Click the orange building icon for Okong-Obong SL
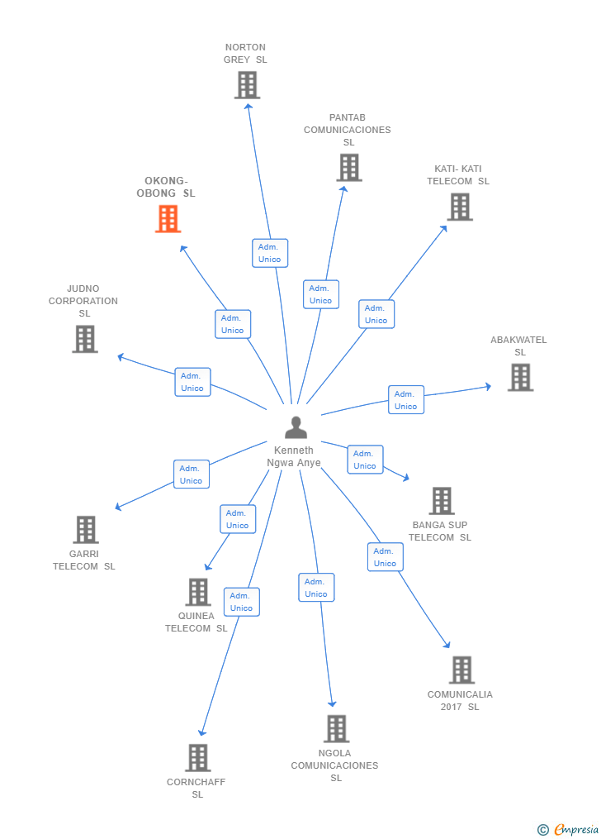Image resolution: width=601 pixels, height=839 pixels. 168,219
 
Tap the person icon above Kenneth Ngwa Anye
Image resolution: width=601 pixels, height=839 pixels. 296,427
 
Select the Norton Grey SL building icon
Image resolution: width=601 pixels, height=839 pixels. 247,85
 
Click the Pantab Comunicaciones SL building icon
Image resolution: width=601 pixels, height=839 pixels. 348,168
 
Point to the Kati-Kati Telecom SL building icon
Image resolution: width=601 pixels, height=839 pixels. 460,207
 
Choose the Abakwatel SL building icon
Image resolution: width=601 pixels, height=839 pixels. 520,377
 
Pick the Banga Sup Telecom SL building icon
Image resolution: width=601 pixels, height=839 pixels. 442,501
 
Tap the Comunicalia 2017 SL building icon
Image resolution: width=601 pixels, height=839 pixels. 461,670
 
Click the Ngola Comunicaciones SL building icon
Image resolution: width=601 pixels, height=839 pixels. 336,729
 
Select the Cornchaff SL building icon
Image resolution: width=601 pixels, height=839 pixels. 198,757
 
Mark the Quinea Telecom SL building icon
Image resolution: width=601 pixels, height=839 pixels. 198,592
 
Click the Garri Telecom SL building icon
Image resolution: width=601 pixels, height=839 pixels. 86,530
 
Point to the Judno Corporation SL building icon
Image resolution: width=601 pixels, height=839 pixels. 85,339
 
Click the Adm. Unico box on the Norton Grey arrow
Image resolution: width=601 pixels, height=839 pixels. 270,253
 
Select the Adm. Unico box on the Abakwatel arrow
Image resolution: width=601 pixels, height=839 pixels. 405,400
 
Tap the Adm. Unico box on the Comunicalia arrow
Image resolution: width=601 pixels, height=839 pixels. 385,557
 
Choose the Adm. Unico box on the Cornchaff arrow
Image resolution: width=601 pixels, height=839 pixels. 241,602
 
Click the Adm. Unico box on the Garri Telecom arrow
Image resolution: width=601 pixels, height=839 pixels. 191,474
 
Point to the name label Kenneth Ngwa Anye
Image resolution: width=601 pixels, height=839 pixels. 294,456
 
